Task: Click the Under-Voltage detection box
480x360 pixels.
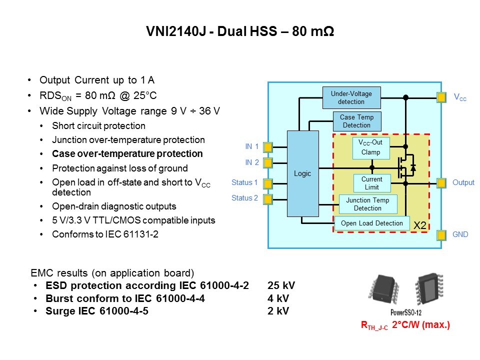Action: pos(351,97)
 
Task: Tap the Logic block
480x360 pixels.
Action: pos(302,173)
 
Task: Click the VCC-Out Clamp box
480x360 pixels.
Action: pos(370,148)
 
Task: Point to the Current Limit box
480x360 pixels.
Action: pos(371,183)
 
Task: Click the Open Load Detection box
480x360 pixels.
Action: pos(371,223)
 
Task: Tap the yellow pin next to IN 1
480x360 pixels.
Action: pos(268,147)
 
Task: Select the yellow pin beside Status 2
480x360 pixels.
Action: pos(268,199)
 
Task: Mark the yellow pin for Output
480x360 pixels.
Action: pos(441,183)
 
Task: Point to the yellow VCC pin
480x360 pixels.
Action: pos(441,97)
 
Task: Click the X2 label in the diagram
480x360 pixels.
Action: pos(419,226)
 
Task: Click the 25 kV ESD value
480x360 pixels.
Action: pos(281,286)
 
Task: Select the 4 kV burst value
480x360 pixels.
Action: pos(278,298)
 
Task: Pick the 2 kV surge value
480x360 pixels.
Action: pos(278,311)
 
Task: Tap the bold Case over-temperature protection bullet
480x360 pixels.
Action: pos(127,153)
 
